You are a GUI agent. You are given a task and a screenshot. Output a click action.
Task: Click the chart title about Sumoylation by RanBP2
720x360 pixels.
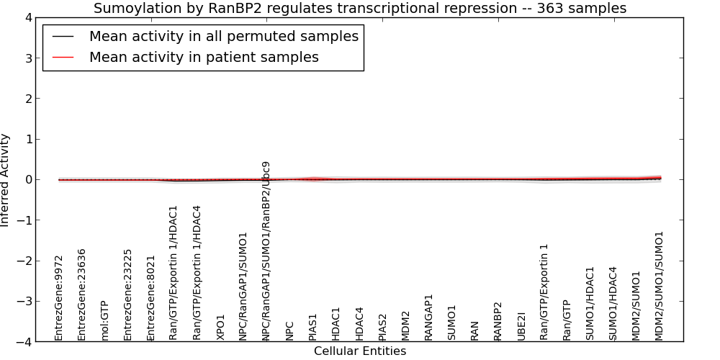[x=360, y=8]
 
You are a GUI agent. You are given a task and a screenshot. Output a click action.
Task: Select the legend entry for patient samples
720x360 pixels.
[x=204, y=57]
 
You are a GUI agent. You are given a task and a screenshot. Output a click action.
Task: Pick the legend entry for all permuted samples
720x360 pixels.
[x=224, y=36]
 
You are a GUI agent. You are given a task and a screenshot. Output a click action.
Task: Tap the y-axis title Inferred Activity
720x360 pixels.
[x=4, y=180]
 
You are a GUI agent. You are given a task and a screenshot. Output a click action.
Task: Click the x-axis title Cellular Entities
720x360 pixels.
[x=360, y=351]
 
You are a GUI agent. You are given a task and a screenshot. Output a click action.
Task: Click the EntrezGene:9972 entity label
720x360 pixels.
[x=58, y=299]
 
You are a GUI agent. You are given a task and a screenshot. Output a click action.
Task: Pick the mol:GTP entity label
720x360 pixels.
[x=104, y=321]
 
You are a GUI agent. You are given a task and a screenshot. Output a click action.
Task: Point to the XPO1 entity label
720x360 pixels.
[x=220, y=328]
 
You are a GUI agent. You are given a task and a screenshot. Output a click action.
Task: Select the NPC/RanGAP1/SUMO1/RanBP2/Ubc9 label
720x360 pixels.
[x=266, y=251]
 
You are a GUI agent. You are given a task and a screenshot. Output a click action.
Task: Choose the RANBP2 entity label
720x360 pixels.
[x=498, y=321]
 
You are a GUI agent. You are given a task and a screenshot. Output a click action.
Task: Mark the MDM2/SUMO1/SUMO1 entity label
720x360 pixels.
[x=660, y=286]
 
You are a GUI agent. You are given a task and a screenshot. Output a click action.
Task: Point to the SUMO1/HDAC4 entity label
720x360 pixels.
[x=613, y=304]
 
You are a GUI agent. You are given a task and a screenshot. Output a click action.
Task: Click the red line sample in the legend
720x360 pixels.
[x=63, y=58]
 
